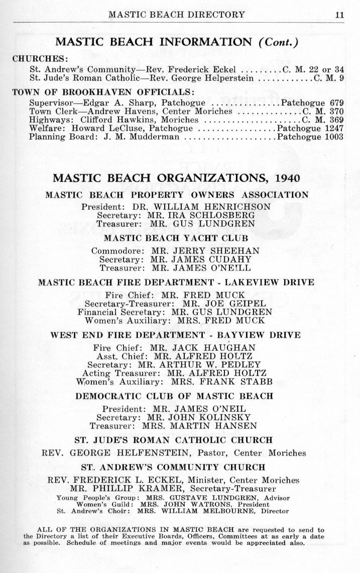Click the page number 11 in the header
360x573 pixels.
click(x=339, y=15)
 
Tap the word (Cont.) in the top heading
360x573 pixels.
click(x=278, y=42)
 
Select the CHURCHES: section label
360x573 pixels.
click(x=40, y=58)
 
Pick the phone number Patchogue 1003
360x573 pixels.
click(x=310, y=136)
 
